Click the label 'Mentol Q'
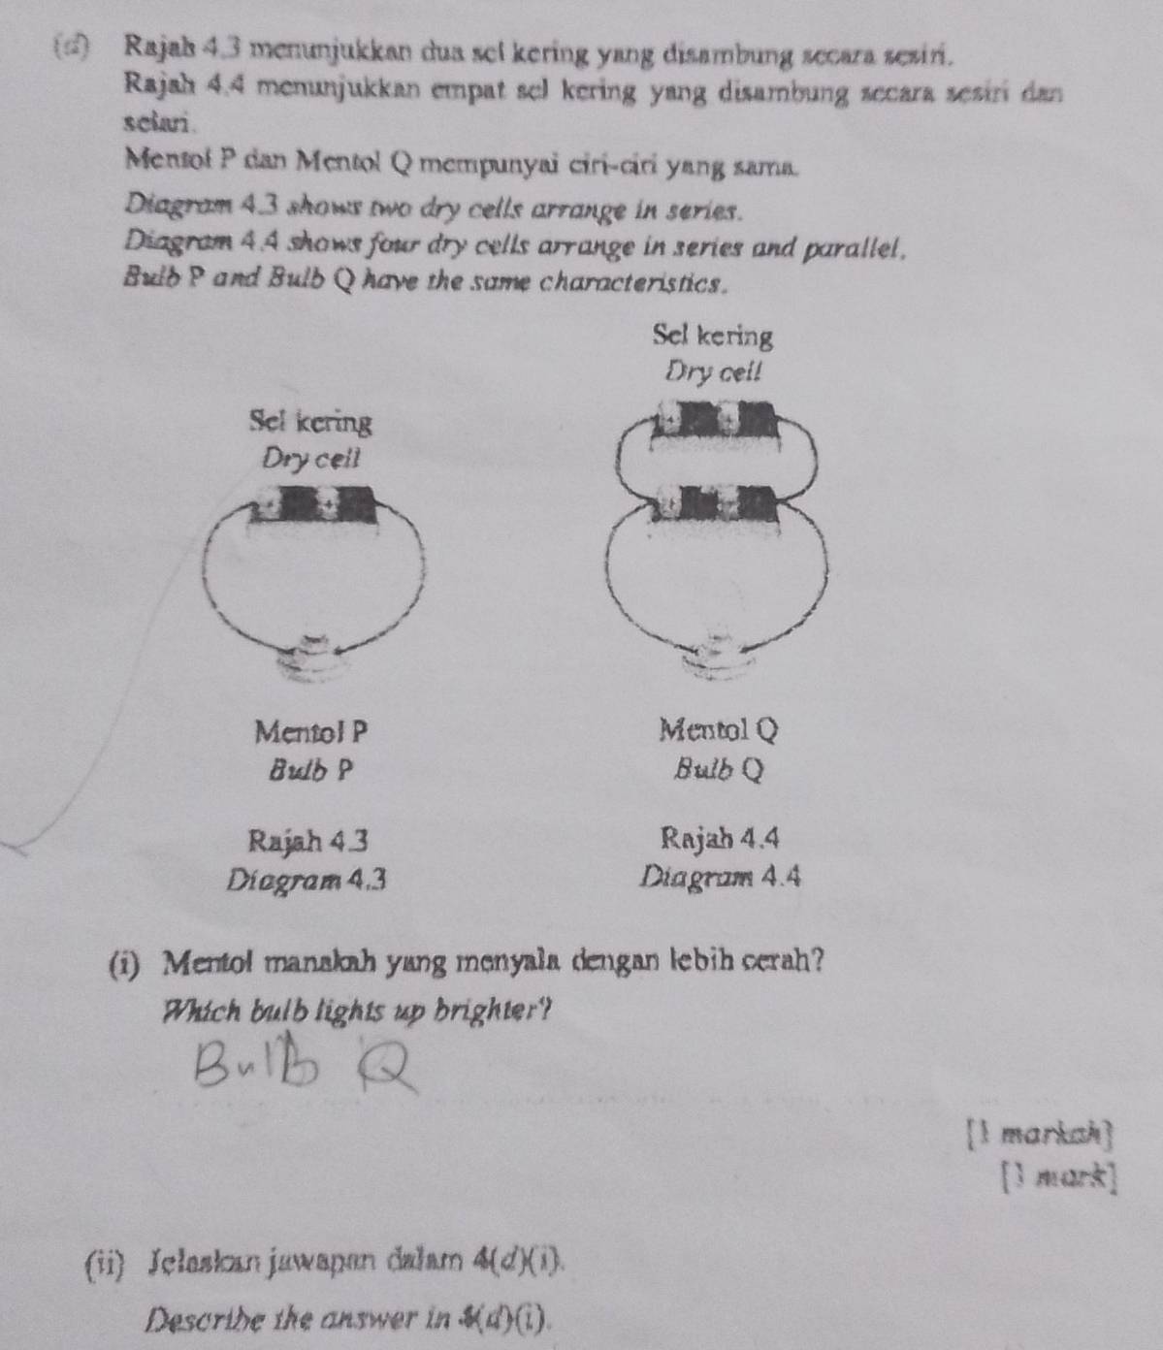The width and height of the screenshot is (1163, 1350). tap(718, 727)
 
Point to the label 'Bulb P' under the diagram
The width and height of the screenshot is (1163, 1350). tap(310, 771)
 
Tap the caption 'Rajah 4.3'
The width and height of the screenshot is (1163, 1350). tap(308, 839)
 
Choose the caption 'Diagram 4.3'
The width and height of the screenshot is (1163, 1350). tap(308, 881)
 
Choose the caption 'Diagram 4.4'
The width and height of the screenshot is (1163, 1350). tap(721, 878)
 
